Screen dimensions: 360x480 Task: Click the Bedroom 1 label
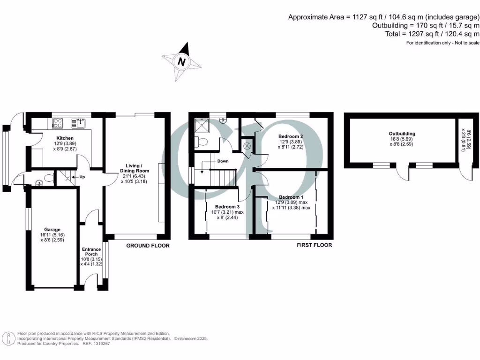click(x=291, y=197)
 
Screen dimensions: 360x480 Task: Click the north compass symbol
click(x=181, y=61)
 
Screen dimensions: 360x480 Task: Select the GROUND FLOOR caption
click(x=148, y=246)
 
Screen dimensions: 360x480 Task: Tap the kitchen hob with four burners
click(x=58, y=123)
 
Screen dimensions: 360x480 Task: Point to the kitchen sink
click(x=77, y=123)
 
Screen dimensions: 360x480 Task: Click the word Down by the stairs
click(x=223, y=161)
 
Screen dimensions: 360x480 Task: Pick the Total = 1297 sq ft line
click(x=426, y=34)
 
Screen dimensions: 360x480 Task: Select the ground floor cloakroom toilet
click(x=48, y=178)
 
